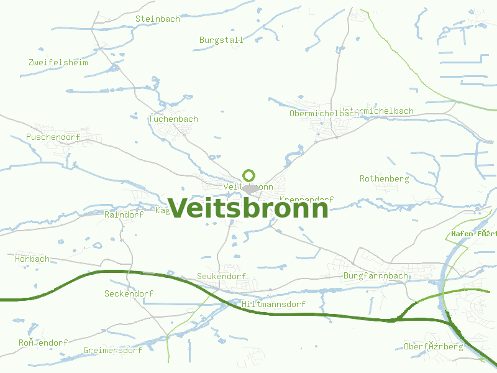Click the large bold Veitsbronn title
point(248,208)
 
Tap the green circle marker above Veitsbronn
point(249,175)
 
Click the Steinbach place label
point(158,19)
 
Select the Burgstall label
point(221,40)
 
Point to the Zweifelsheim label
point(58,62)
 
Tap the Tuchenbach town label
point(173,119)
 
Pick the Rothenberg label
point(384,179)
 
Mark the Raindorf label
point(124,214)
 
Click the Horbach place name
point(32,259)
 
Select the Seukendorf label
point(221,276)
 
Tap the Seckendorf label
point(129,293)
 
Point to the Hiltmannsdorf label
point(273,305)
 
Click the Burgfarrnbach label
point(376,275)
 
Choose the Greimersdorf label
point(112,350)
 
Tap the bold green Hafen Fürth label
point(474,234)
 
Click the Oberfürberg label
point(433,346)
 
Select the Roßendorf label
point(43,343)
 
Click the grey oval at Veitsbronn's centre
point(250,188)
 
